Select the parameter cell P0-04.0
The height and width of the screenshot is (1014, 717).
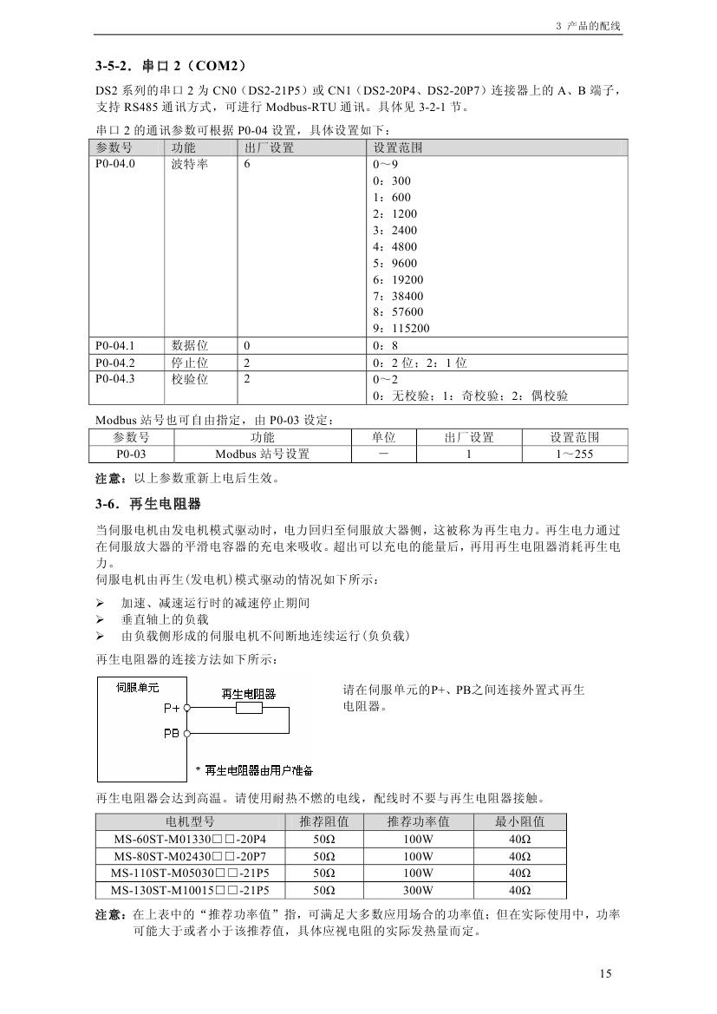point(115,164)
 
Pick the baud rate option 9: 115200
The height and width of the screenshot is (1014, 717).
point(401,329)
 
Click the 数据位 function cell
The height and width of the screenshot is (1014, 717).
point(189,345)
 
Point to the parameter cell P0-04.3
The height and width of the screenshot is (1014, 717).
point(115,379)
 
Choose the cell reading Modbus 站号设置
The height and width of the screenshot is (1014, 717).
point(262,454)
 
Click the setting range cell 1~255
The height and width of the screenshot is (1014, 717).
point(573,454)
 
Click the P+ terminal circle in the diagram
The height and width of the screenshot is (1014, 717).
point(186,708)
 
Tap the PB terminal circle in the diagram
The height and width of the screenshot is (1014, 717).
point(186,733)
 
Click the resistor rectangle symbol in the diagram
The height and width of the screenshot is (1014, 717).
point(249,708)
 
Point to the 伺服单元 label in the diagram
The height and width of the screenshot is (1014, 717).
point(138,687)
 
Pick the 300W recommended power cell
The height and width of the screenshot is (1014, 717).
point(418,890)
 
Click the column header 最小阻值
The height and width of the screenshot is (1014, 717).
point(520,821)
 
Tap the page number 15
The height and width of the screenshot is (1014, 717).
point(605,973)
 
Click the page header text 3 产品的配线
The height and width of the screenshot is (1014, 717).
point(588,26)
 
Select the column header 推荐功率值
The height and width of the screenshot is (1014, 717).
point(418,821)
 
